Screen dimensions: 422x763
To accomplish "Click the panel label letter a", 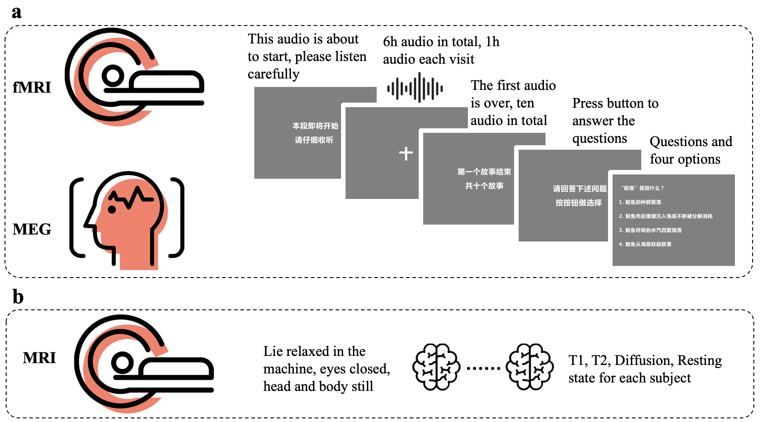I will pos(17,13).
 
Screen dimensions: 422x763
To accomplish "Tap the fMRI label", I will pos(32,88).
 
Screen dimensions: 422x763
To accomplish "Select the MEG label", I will pos(32,229).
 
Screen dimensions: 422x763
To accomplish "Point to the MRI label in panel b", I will pos(39,358).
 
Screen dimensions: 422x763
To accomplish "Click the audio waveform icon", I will pos(415,88).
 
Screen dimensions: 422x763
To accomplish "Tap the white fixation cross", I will pos(406,153).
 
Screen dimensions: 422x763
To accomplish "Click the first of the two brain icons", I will pos(436,367).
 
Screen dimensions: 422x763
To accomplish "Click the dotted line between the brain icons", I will pos(483,368).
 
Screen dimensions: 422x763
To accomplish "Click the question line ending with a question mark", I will pos(642,188).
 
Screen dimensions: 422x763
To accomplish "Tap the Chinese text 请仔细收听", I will pos(314,140).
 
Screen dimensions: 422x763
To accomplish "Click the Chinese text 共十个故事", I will pos(484,186).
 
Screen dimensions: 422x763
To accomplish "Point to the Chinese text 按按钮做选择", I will pos(578,203).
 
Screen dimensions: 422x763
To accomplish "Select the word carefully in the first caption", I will pos(274,74).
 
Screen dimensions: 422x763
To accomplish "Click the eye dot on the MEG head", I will pos(112,209).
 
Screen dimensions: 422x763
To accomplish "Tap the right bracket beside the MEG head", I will pos(178,217).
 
